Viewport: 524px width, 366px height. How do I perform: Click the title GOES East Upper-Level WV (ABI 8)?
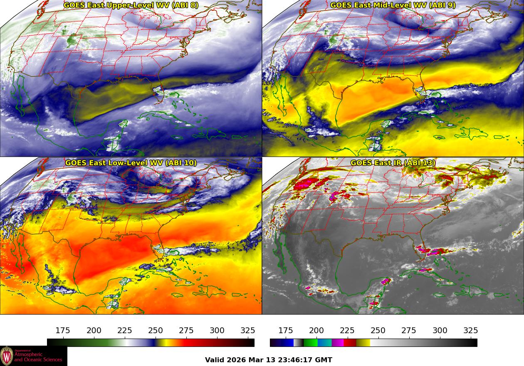click(131, 5)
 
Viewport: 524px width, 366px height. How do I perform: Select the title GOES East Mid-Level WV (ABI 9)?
click(393, 5)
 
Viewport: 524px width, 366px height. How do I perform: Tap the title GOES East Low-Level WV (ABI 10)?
click(131, 163)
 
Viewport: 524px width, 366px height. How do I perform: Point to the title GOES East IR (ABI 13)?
click(393, 163)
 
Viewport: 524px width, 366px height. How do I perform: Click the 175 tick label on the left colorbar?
click(63, 331)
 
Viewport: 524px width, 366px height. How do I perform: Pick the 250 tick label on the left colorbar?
click(156, 331)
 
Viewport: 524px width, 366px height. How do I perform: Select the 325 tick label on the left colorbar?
click(248, 331)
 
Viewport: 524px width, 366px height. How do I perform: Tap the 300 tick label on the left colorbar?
click(217, 331)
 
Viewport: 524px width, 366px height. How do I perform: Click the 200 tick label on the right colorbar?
click(316, 331)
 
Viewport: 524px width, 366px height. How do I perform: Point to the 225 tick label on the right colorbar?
click(347, 331)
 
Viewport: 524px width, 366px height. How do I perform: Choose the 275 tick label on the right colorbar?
click(409, 331)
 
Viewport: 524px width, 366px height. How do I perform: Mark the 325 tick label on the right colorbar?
click(470, 331)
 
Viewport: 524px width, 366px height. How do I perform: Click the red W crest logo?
click(7, 356)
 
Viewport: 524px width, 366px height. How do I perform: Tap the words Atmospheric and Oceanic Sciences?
click(38, 357)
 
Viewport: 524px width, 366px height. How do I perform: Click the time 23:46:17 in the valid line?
click(287, 360)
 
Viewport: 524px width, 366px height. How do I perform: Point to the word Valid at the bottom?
click(215, 360)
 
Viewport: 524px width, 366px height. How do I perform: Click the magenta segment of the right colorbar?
click(337, 343)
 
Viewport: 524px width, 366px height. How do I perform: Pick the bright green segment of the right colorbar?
click(310, 343)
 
